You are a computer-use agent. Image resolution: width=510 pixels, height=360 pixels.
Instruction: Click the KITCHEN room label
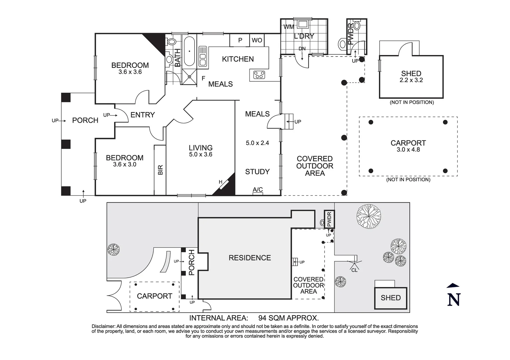point(238,59)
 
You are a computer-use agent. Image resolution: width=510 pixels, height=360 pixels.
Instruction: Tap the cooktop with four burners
point(259,75)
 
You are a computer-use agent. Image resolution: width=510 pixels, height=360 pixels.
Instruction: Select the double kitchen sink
point(203,56)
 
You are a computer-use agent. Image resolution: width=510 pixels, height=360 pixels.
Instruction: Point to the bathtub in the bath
point(189,51)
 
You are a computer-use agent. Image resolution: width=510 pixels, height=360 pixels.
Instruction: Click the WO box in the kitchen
point(257,40)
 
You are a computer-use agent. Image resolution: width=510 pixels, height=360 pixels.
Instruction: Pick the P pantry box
point(240,40)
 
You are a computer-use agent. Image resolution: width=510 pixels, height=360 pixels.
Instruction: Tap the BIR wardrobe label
point(160,170)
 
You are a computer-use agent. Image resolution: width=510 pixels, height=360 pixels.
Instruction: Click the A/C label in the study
point(258,189)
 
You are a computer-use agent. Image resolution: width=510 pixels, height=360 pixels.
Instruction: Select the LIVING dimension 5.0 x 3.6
point(200,155)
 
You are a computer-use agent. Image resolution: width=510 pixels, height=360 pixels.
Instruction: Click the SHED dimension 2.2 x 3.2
point(411,80)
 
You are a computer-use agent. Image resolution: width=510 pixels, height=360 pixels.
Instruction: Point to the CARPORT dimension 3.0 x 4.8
point(408,150)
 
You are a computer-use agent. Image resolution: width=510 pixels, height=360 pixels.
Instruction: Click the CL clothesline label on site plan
point(355,270)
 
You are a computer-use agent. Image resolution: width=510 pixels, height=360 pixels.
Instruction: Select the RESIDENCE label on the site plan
point(250,258)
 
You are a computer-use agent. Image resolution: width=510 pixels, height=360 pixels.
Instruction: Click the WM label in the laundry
point(289,27)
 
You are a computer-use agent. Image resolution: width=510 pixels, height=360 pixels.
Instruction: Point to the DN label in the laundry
point(302,49)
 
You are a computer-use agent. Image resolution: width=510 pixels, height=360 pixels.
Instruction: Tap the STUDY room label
point(257,172)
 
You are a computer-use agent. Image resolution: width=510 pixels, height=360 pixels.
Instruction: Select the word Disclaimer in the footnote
point(104,327)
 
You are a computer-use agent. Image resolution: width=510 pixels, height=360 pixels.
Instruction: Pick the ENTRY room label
point(142,115)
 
